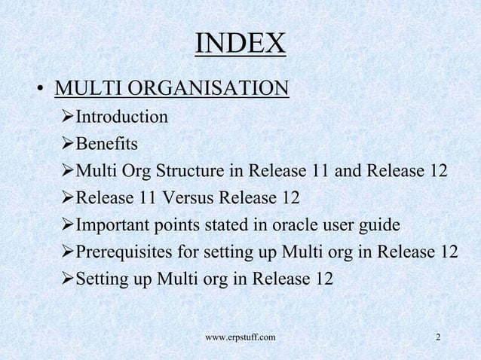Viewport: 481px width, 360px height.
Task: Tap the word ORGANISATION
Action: point(208,90)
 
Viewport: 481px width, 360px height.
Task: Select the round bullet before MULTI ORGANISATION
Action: point(36,91)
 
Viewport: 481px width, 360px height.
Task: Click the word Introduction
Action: point(122,117)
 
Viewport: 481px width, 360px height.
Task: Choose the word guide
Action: point(378,225)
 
